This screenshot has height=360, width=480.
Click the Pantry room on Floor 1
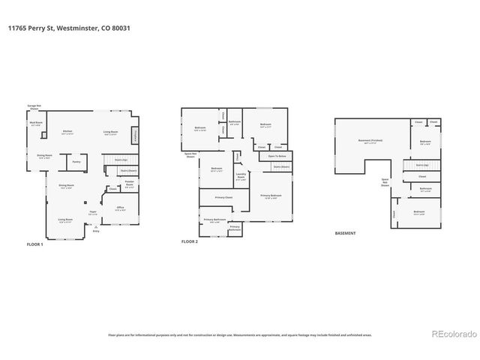pyautogui.click(x=76, y=160)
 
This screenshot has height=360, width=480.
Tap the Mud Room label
pyautogui.click(x=35, y=123)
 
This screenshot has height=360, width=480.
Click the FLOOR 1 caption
pyautogui.click(x=35, y=244)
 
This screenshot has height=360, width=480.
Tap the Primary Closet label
pyautogui.click(x=223, y=197)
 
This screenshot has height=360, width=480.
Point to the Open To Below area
pyautogui.click(x=278, y=156)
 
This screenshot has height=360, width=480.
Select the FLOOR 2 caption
pyautogui.click(x=190, y=242)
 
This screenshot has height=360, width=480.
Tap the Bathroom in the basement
pyautogui.click(x=425, y=189)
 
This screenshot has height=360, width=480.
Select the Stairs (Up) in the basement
pyautogui.click(x=421, y=164)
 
